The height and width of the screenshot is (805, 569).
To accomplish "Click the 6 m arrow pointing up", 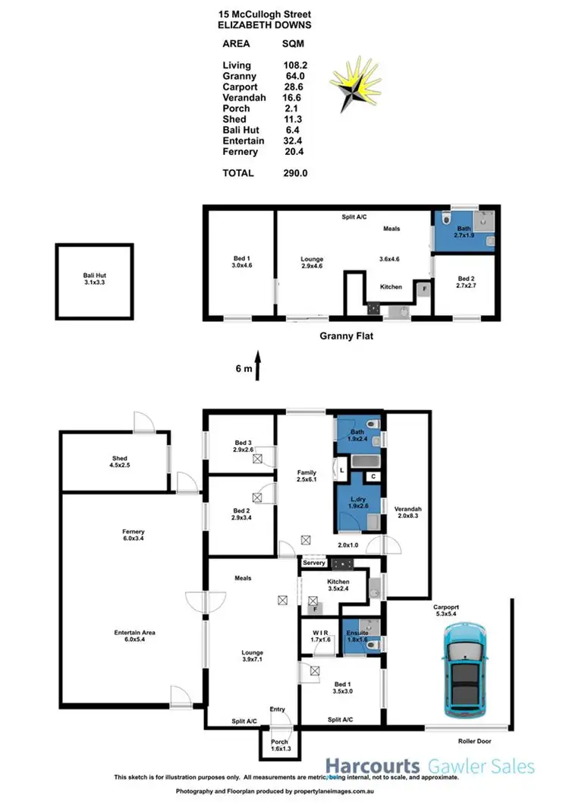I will point(259,368).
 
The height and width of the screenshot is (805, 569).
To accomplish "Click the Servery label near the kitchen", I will point(313,563).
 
